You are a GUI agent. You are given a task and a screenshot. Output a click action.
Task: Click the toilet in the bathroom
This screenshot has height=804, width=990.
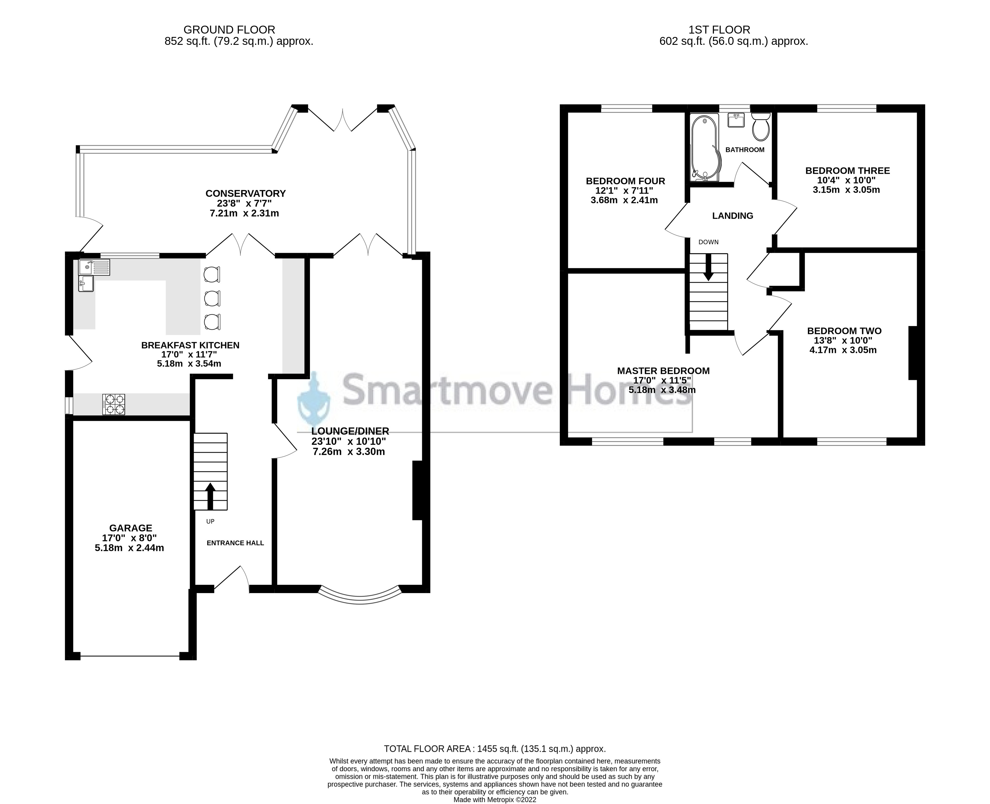point(760,126)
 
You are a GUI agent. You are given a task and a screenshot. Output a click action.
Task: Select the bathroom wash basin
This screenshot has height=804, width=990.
point(736,120)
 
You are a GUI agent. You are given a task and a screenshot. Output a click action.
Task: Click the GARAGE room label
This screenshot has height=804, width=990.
point(131,528)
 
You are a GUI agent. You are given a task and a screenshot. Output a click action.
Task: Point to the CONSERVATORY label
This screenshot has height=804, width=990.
point(246,193)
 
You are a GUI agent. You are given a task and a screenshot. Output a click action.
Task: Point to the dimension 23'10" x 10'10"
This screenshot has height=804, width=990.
point(349,441)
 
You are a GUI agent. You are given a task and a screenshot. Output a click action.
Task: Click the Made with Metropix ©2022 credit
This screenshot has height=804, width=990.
point(495,799)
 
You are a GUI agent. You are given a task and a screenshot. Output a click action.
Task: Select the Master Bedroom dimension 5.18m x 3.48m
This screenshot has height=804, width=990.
point(662,390)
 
